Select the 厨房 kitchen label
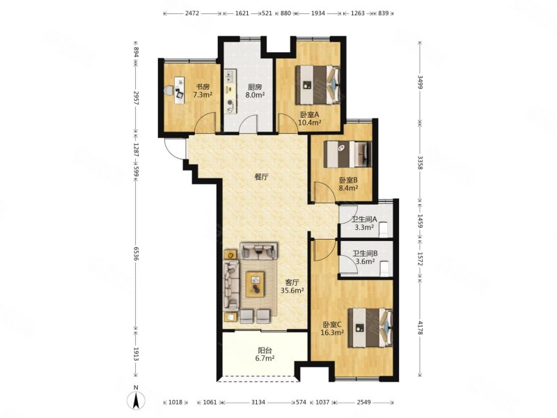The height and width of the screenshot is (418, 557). [x=255, y=86]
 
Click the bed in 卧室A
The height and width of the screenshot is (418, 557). [x=318, y=84]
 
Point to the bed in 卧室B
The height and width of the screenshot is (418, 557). [x=348, y=154]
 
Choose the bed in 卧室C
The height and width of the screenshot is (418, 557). [x=370, y=327]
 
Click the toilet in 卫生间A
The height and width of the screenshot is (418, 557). [x=383, y=229]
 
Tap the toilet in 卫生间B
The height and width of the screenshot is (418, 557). [x=384, y=269]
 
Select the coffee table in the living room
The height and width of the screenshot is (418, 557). [x=255, y=284]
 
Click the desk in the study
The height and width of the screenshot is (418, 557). [x=179, y=91]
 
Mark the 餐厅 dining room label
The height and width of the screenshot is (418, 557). [x=261, y=178]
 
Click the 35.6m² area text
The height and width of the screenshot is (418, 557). [x=292, y=291]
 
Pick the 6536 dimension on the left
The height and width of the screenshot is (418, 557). [x=136, y=252]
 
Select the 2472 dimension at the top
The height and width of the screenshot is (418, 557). [x=192, y=13]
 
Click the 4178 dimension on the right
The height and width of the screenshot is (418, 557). [x=420, y=327]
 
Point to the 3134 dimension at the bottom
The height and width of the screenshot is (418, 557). [x=258, y=403]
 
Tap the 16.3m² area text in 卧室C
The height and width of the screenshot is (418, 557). [x=332, y=332]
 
